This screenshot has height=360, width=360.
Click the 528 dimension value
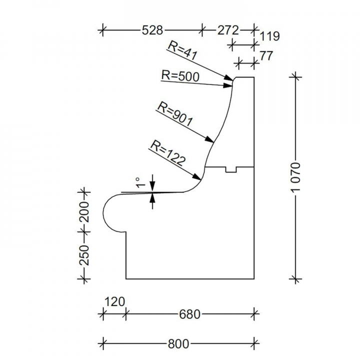152,30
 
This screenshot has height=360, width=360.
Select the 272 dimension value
228,30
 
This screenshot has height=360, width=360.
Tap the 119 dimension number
269,36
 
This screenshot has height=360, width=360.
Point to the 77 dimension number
266,56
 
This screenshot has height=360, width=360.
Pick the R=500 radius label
180,76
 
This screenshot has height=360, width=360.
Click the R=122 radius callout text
168,153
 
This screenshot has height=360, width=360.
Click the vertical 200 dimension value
84,212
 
